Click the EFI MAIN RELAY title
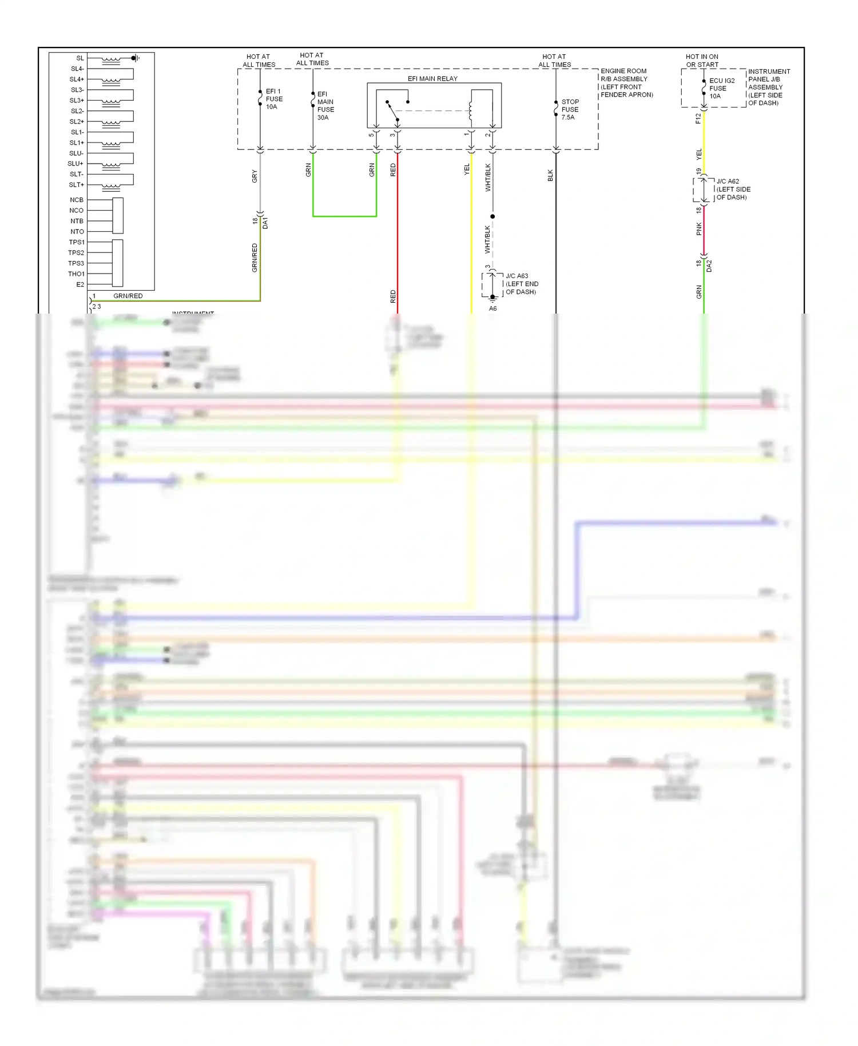432,78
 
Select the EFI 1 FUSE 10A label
274,99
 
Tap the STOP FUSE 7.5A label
570,109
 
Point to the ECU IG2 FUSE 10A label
721,88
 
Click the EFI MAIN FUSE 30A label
325,106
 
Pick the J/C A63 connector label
521,284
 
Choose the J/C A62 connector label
733,189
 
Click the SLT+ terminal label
77,185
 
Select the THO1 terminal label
76,274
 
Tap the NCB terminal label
77,200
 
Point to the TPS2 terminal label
76,253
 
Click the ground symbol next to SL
135,58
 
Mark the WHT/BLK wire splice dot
492,216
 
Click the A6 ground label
492,308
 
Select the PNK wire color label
699,229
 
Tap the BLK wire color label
550,175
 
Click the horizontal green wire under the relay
344,216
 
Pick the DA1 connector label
265,223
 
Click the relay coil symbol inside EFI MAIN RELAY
471,110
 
